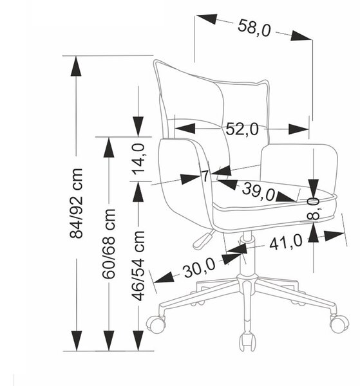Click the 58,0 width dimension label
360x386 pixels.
pyautogui.click(x=254, y=27)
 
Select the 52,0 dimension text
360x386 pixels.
pyautogui.click(x=242, y=129)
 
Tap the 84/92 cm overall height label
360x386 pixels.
pyautogui.click(x=76, y=203)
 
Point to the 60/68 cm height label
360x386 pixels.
pyautogui.click(x=109, y=244)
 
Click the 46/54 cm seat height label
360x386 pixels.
pyautogui.click(x=138, y=266)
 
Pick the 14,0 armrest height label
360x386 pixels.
pyautogui.click(x=138, y=160)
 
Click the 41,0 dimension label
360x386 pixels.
pyautogui.click(x=286, y=242)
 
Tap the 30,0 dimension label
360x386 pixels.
pyautogui.click(x=199, y=268)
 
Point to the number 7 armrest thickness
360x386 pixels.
pyautogui.click(x=205, y=176)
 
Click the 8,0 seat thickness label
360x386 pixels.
pyautogui.click(x=314, y=208)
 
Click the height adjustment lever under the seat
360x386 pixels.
pyautogui.click(x=204, y=239)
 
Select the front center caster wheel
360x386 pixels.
pyautogui.click(x=247, y=342)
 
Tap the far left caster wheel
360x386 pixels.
pyautogui.click(x=156, y=325)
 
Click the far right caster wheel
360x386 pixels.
pyautogui.click(x=339, y=323)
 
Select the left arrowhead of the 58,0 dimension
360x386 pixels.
pyautogui.click(x=207, y=19)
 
